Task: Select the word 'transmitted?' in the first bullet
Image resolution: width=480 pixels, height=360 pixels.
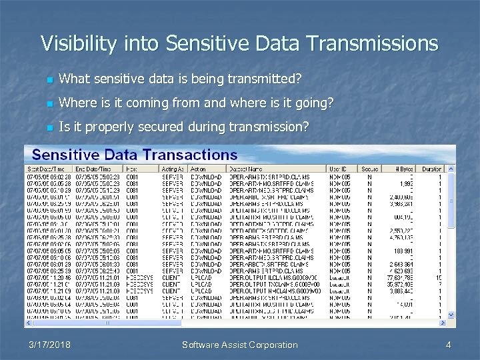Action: (x=268, y=79)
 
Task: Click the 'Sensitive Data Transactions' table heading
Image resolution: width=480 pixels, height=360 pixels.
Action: (x=135, y=154)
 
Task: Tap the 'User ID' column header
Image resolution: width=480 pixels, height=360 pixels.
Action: (x=339, y=169)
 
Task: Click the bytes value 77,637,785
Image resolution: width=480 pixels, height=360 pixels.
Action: (x=400, y=277)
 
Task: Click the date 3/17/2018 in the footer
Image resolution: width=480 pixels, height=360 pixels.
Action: (x=50, y=345)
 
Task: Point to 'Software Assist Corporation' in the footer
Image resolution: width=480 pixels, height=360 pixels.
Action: (x=240, y=345)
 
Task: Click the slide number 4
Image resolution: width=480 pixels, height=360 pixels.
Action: (x=449, y=345)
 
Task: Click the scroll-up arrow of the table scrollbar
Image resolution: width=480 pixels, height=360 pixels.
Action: (x=451, y=169)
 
